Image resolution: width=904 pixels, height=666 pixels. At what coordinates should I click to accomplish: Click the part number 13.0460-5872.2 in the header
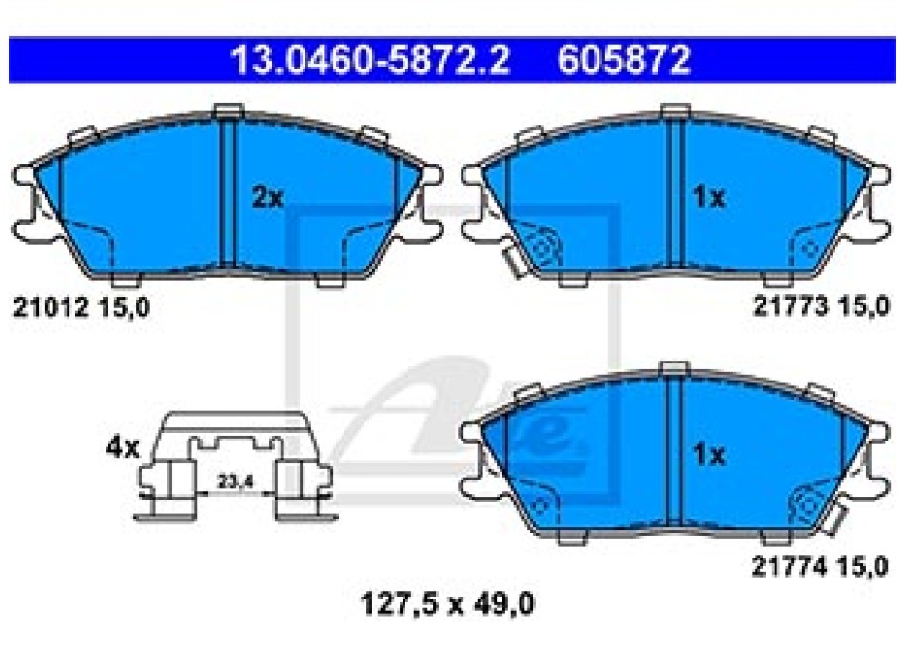click(x=370, y=60)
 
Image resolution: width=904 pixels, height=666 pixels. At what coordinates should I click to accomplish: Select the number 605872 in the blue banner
click(x=624, y=60)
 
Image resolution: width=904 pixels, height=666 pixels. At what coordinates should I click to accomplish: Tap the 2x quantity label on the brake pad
click(x=268, y=198)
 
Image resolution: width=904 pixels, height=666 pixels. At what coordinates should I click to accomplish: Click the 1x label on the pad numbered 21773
click(x=709, y=198)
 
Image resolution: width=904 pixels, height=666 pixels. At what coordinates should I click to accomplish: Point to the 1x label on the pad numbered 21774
click(x=709, y=455)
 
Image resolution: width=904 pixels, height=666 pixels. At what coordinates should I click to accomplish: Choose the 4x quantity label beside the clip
click(x=123, y=447)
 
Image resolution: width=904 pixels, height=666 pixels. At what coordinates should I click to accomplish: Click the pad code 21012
click(x=51, y=306)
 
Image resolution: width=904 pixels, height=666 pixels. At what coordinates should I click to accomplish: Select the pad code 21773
click(x=791, y=305)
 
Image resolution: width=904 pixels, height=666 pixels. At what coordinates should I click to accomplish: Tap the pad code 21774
click(x=790, y=566)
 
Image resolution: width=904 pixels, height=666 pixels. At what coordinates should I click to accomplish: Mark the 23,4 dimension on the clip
click(x=235, y=481)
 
